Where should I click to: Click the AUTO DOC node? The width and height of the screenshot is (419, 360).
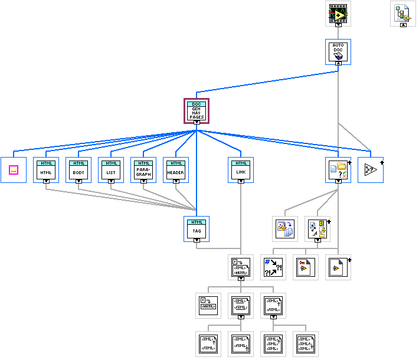click(x=338, y=51)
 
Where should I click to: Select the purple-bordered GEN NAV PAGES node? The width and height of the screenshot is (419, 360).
click(x=197, y=110)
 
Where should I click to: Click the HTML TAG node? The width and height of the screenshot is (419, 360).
click(x=197, y=228)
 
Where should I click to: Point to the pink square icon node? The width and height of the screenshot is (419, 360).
click(x=14, y=170)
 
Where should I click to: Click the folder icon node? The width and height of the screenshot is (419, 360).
click(x=338, y=169)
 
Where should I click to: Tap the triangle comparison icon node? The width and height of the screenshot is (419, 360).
click(x=371, y=170)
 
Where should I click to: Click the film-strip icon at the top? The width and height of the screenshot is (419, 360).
click(x=338, y=12)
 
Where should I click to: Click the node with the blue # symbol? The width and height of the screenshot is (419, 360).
click(x=273, y=267)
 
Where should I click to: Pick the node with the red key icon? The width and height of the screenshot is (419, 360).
click(x=306, y=267)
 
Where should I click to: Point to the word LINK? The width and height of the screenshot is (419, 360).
click(x=240, y=172)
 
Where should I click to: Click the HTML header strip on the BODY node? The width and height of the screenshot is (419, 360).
click(x=78, y=162)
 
